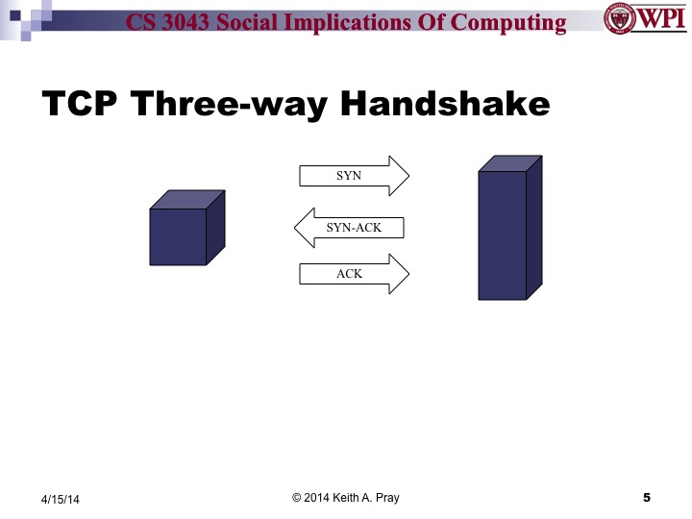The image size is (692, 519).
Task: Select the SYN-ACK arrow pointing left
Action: click(x=350, y=228)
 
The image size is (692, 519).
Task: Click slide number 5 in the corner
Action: click(x=646, y=497)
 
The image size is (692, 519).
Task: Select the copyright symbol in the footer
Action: click(x=297, y=497)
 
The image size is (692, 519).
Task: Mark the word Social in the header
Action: click(x=268, y=21)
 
